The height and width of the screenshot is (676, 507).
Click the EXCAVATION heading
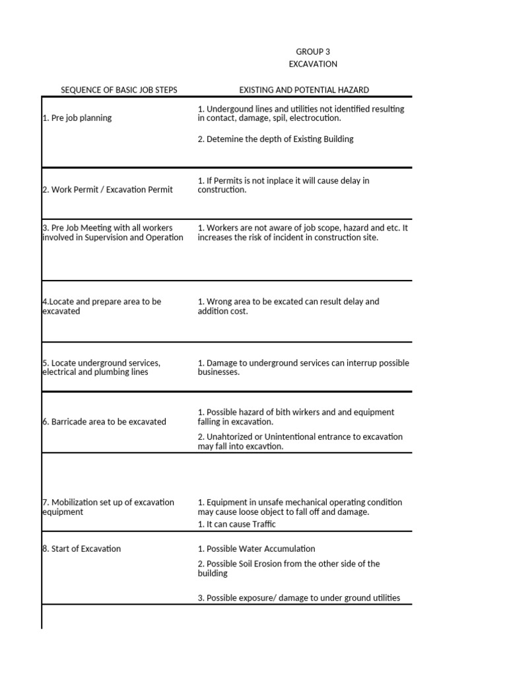click(x=313, y=64)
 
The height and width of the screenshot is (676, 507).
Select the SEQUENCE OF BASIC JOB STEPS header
click(x=119, y=90)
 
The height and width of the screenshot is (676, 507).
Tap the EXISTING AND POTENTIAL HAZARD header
click(x=304, y=90)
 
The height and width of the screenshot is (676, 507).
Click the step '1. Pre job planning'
click(x=77, y=118)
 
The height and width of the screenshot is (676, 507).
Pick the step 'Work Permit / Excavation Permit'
click(x=108, y=189)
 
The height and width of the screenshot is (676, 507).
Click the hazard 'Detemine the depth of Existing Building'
click(x=275, y=139)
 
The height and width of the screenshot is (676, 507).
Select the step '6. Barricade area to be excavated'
click(x=104, y=422)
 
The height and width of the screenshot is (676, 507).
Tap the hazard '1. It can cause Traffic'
click(x=236, y=524)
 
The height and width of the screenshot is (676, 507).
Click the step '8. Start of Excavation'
click(x=82, y=549)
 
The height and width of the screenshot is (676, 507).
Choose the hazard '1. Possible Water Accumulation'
click(x=256, y=549)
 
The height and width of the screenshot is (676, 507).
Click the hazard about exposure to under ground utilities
click(x=298, y=598)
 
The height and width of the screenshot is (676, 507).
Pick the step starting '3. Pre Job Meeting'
click(x=112, y=232)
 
